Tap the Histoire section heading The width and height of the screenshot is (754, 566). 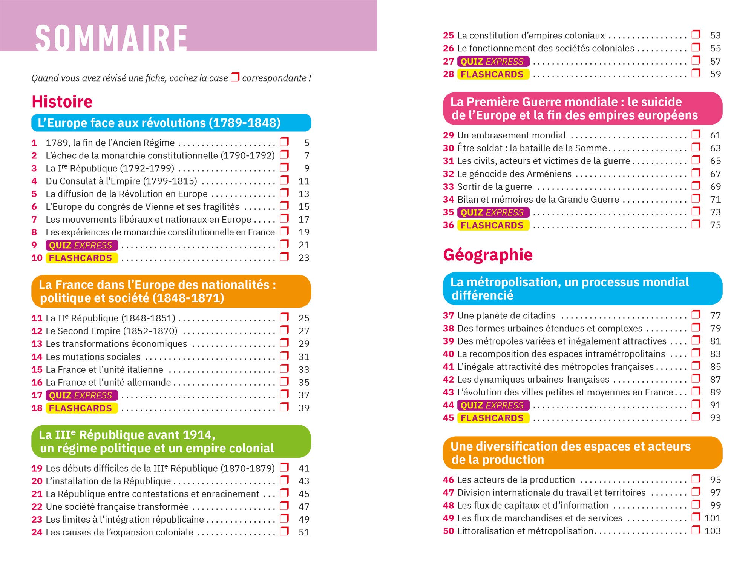(x=62, y=102)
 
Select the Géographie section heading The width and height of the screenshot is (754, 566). (x=488, y=255)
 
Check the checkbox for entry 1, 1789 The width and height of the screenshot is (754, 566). (x=285, y=142)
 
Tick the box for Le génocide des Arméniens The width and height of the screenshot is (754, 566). (x=696, y=173)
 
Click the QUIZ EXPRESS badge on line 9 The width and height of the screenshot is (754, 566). (x=81, y=245)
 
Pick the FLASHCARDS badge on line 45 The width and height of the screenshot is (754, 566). (x=493, y=418)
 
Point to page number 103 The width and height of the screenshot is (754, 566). (x=712, y=531)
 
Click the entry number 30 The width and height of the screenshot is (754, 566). (x=448, y=148)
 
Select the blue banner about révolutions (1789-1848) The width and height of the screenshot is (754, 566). (x=171, y=123)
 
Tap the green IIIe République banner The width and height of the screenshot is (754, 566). (x=171, y=441)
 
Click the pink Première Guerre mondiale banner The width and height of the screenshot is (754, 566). (x=582, y=108)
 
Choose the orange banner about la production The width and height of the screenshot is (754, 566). (x=582, y=453)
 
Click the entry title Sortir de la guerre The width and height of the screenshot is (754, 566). (x=494, y=187)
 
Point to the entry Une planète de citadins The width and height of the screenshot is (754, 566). (x=506, y=315)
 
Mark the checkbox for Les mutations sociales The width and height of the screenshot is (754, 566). (x=285, y=356)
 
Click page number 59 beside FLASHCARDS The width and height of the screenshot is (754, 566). (x=715, y=74)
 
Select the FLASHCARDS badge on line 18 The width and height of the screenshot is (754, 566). (x=81, y=408)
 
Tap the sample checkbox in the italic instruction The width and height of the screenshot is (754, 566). (x=235, y=77)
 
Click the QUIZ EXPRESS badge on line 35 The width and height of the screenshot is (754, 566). (x=493, y=212)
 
